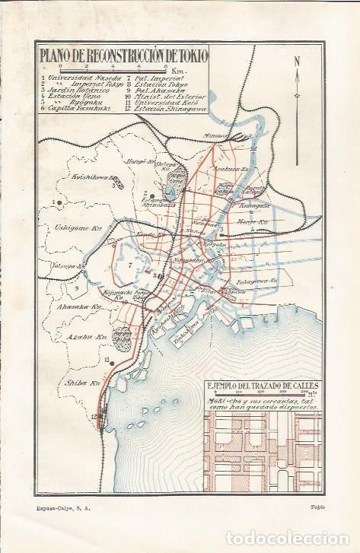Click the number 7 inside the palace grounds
click(x=131, y=265)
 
